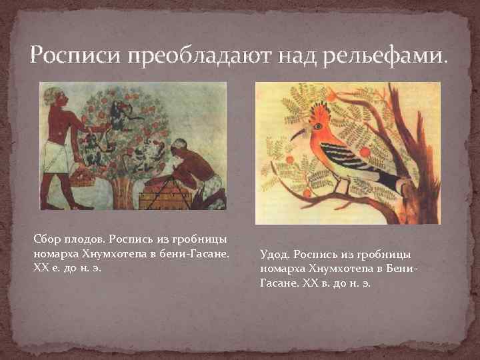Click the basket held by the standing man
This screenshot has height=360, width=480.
(x=82, y=175)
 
